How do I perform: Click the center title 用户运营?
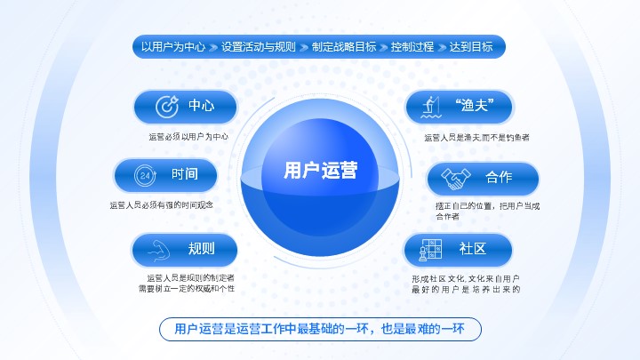click(320, 170)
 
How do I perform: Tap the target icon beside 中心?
click(167, 107)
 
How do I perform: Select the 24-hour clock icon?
click(145, 175)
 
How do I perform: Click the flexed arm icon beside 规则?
click(159, 250)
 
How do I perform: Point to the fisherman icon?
click(431, 107)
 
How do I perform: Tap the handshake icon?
click(456, 179)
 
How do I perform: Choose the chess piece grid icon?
click(430, 250)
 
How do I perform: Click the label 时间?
click(185, 174)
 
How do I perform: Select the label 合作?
click(499, 177)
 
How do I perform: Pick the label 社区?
click(473, 249)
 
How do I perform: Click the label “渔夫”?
click(475, 105)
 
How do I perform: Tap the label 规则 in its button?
click(201, 249)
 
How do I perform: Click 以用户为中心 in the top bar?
click(173, 46)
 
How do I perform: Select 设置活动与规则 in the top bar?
click(259, 46)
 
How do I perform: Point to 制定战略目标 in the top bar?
click(344, 46)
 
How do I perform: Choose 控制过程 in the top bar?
click(412, 46)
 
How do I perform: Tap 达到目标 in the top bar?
click(471, 46)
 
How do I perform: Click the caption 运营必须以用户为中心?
click(188, 137)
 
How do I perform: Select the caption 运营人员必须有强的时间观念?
click(162, 205)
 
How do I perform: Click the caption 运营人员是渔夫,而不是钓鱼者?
click(476, 138)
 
